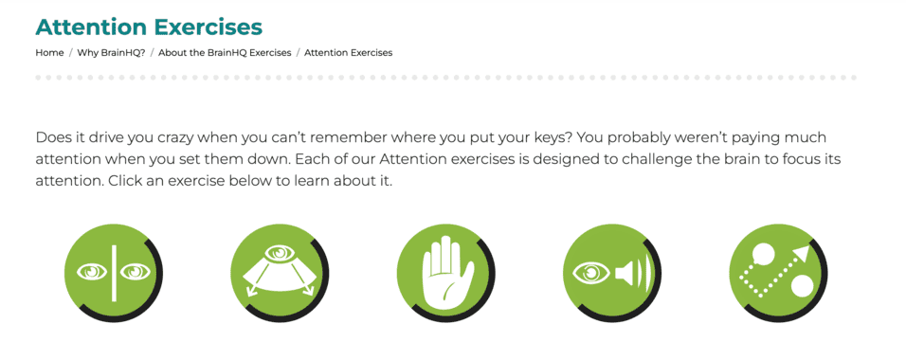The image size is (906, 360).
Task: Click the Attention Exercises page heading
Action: (149, 27)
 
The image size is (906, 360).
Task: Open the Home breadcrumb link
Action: (49, 53)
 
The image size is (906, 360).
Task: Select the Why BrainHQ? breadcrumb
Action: (111, 53)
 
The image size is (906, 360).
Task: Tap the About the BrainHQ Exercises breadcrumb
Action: (225, 53)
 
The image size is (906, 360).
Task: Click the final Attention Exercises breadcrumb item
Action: (348, 53)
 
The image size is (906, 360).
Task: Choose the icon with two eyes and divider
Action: (114, 273)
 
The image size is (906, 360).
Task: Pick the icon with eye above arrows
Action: (281, 273)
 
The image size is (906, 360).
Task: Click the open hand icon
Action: (446, 273)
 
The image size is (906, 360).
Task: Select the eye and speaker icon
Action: (612, 273)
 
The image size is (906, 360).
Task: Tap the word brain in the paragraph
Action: (745, 158)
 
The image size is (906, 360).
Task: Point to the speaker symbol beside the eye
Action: (632, 274)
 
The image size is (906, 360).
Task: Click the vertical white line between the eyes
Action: (114, 273)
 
